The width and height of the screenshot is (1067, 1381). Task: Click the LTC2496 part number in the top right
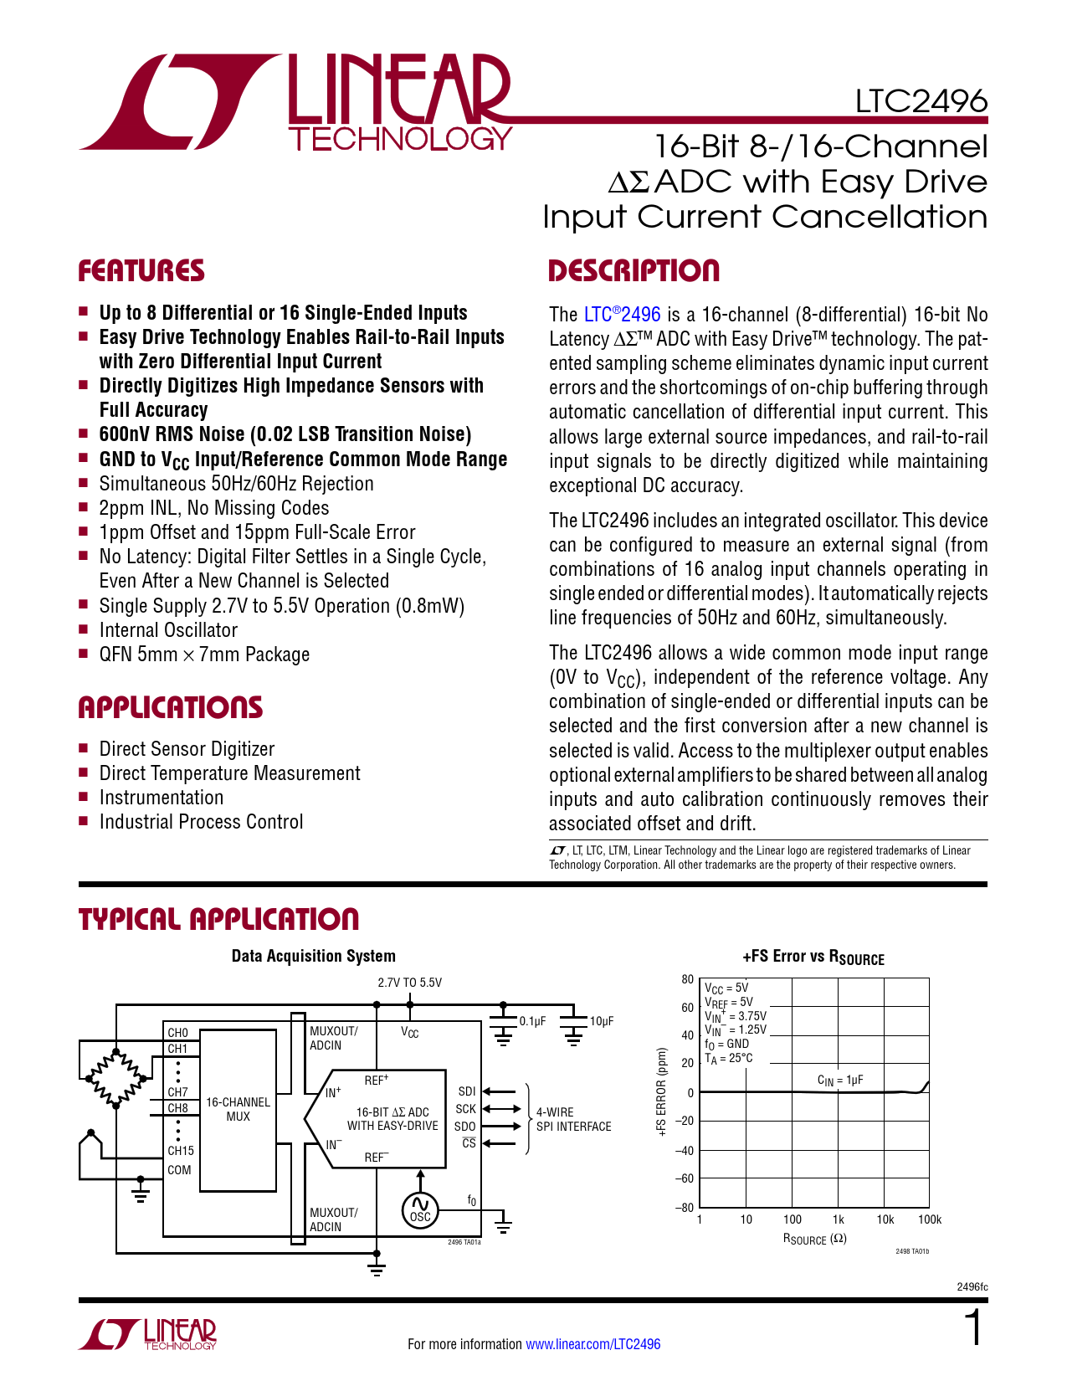coord(921,101)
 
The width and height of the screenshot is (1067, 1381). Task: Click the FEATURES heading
coord(141,271)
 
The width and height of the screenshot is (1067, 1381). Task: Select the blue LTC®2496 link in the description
coord(622,315)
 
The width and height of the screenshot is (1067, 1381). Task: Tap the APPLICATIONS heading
coord(171,708)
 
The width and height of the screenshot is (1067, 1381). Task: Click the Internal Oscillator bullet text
coord(168,630)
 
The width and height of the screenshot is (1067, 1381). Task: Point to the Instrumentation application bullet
coord(162,798)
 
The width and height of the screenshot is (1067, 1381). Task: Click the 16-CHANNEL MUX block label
coord(238,1109)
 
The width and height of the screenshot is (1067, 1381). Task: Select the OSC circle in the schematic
coord(420,1210)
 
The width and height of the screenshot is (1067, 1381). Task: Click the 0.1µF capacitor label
coord(532,1021)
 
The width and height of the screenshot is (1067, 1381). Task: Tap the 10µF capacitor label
coord(602,1021)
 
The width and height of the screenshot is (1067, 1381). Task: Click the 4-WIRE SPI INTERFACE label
coord(573,1119)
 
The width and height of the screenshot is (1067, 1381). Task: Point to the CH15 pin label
coord(180,1151)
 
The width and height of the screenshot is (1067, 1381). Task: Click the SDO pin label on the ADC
coord(465,1127)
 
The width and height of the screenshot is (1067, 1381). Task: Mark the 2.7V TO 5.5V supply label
coord(409,983)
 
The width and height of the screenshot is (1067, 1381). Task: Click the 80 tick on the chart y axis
coord(687,979)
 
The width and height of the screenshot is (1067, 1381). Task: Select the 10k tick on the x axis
coord(885,1219)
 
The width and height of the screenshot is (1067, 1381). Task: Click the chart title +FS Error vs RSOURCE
coord(813,957)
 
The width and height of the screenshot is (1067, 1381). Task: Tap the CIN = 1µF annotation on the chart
coord(839,1081)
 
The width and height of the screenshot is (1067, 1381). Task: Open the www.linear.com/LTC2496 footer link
coord(592,1344)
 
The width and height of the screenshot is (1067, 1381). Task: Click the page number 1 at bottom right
coord(973,1329)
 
